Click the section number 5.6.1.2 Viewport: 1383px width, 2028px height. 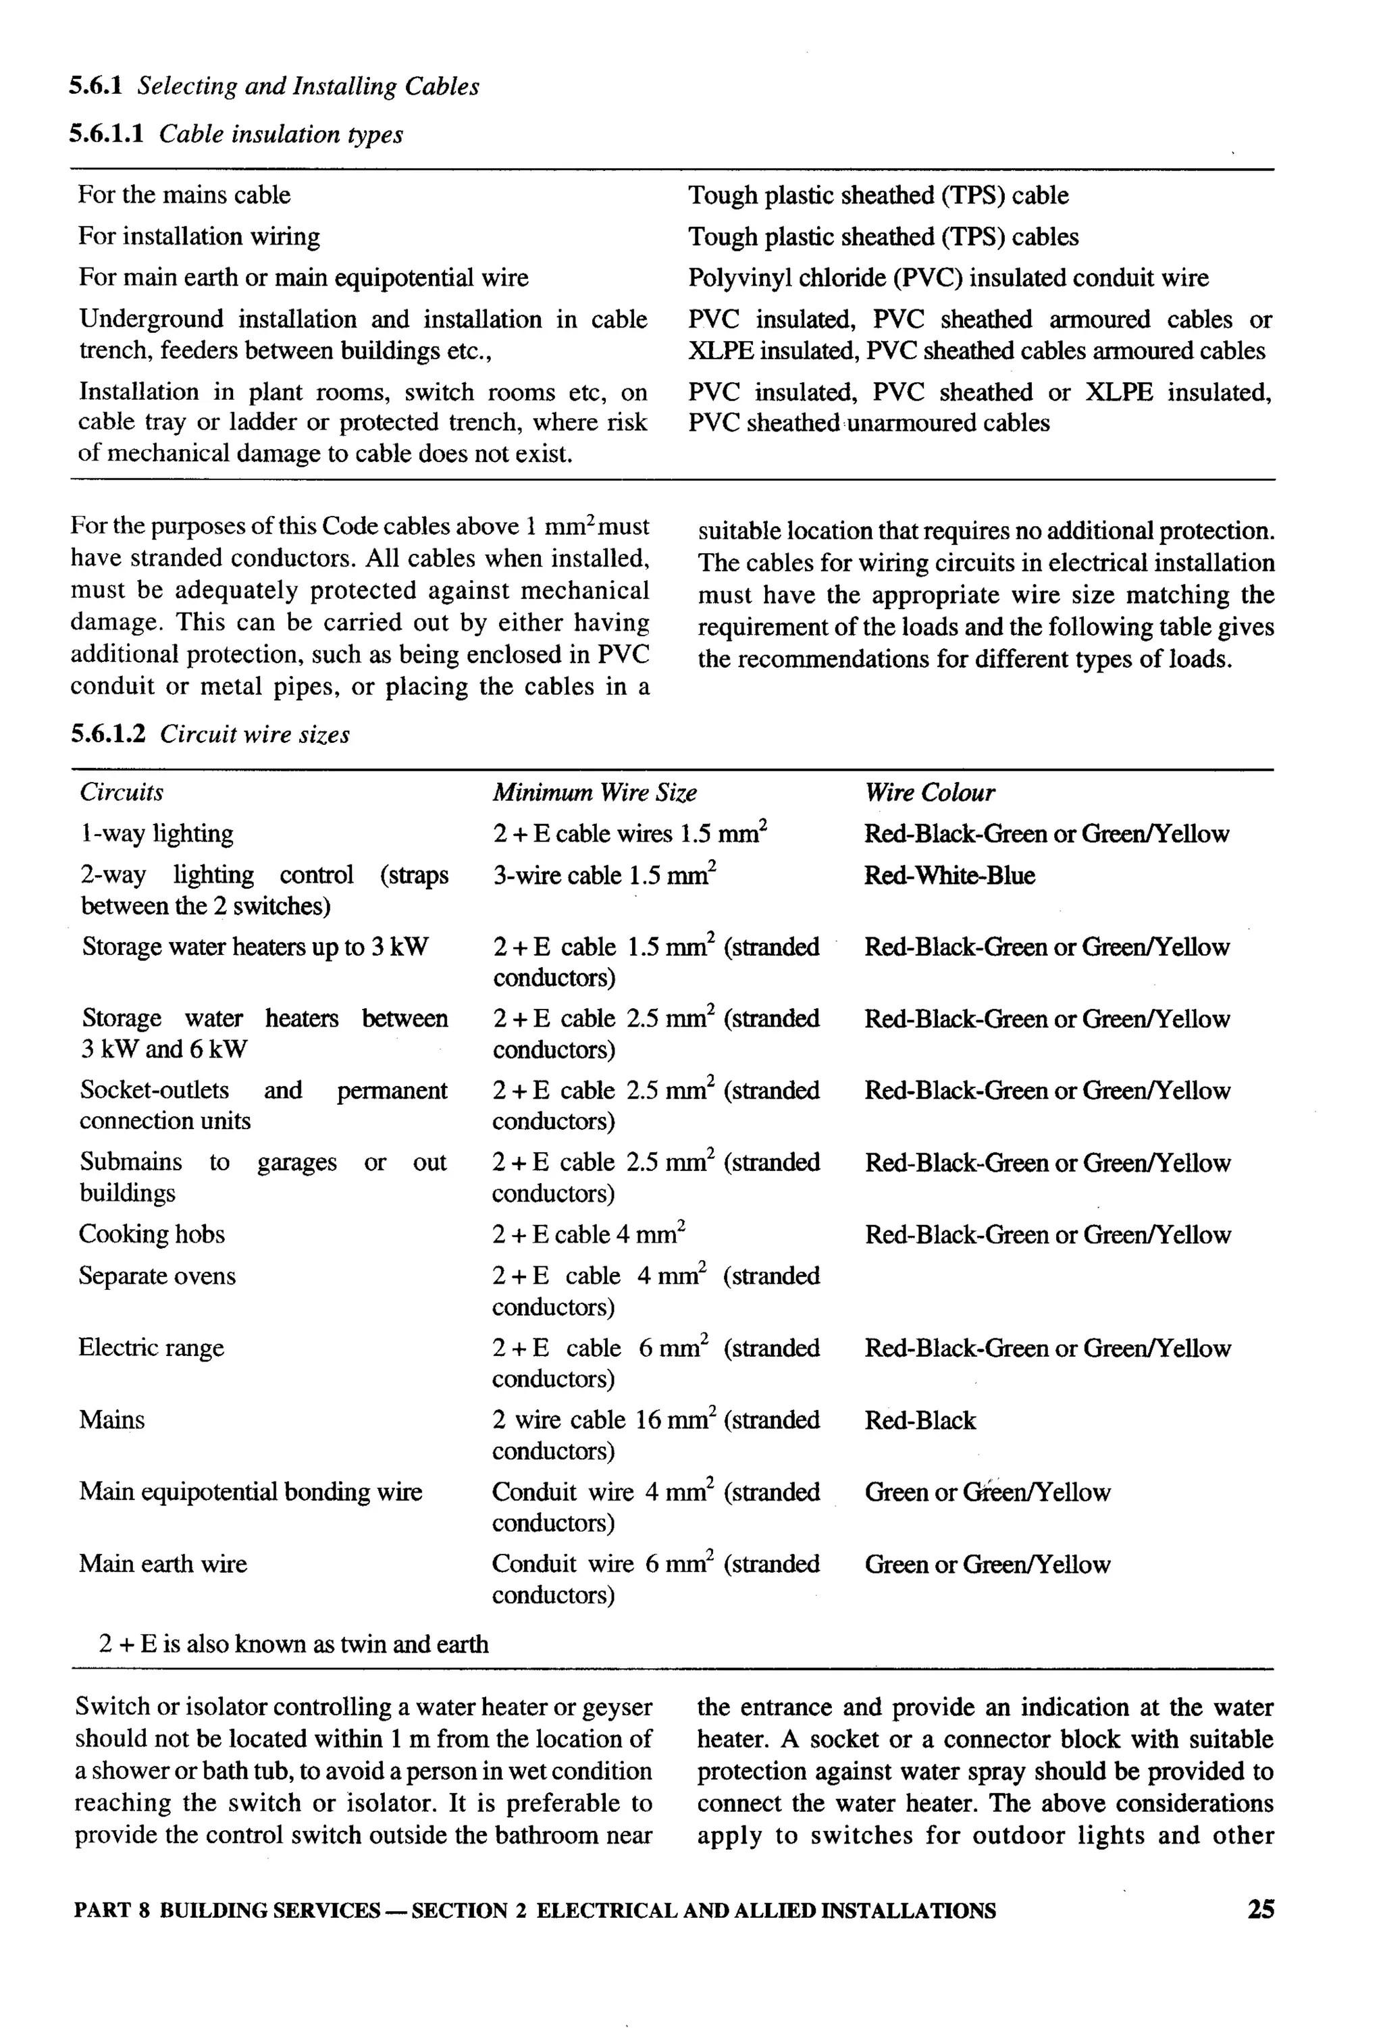click(x=107, y=734)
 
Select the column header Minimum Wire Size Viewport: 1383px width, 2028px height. click(x=594, y=792)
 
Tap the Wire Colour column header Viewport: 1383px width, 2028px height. click(x=929, y=792)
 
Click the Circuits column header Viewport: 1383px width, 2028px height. click(x=122, y=792)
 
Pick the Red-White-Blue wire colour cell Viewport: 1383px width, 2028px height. click(x=949, y=875)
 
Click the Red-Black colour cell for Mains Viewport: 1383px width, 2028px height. click(x=920, y=1421)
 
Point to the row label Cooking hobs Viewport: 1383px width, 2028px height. click(x=152, y=1234)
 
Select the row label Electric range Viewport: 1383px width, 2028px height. click(x=151, y=1348)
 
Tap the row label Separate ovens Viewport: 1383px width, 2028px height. click(x=157, y=1276)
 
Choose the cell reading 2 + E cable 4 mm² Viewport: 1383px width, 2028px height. click(x=588, y=1234)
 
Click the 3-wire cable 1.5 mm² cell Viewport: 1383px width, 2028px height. click(x=604, y=875)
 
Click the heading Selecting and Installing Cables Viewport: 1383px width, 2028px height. click(x=308, y=86)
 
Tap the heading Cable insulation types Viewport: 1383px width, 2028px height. click(x=280, y=134)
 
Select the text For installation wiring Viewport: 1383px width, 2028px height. click(x=199, y=236)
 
